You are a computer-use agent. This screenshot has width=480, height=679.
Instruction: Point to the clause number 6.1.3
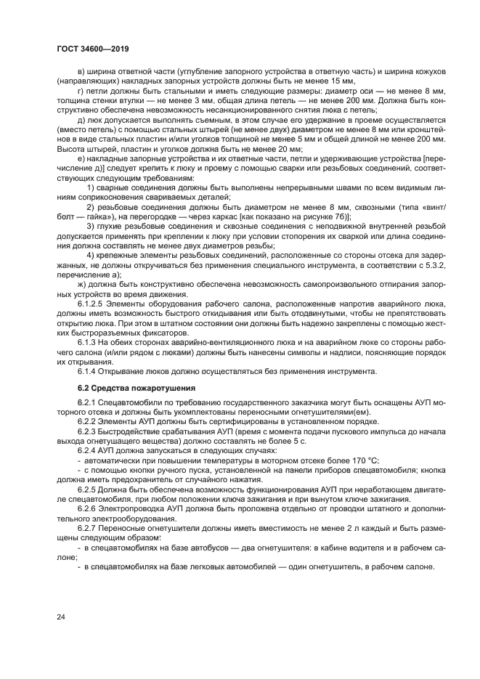[88, 342]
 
